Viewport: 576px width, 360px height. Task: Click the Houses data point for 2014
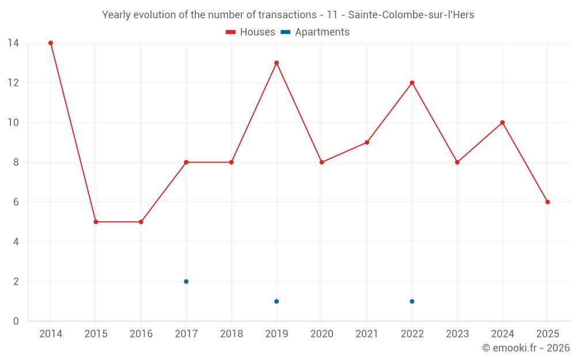(51, 43)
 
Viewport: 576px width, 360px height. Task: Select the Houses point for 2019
(276, 63)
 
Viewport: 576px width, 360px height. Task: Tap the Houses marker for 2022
(412, 83)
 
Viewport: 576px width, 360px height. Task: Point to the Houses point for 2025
(548, 202)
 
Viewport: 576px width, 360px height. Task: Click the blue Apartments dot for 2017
(186, 282)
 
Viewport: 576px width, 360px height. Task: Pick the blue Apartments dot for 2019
(276, 301)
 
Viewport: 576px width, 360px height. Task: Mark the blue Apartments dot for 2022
(412, 301)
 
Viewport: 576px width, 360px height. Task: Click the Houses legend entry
(251, 32)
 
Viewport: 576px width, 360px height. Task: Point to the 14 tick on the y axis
(13, 43)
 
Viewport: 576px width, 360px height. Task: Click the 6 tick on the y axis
(16, 202)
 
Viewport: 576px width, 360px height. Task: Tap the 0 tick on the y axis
(16, 321)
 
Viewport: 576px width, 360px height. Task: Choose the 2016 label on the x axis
(141, 334)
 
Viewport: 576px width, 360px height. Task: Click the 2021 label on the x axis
(367, 334)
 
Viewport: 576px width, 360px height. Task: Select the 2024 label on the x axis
(502, 334)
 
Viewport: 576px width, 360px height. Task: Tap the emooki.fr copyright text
(526, 348)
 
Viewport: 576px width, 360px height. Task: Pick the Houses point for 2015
(96, 222)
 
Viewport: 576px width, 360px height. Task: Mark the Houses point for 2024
(502, 123)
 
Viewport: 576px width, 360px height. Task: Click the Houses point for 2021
(367, 142)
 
